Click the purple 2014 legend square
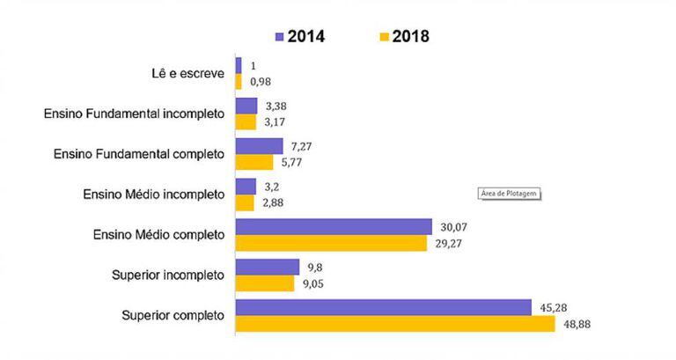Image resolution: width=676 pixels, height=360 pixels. coord(279,37)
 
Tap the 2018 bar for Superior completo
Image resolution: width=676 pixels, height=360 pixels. coord(395,324)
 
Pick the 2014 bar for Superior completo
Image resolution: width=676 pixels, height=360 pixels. coord(383,307)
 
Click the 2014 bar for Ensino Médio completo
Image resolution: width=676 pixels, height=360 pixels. coord(334,226)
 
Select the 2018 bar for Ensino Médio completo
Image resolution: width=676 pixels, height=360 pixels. coord(331,243)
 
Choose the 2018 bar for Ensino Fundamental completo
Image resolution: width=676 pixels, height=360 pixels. coord(254,162)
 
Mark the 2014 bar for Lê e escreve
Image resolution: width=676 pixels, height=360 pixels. coord(239,65)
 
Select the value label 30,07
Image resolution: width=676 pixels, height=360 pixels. coord(452,225)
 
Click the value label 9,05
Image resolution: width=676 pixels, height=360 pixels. coord(314,284)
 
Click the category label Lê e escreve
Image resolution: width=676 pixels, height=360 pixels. coord(187,73)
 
